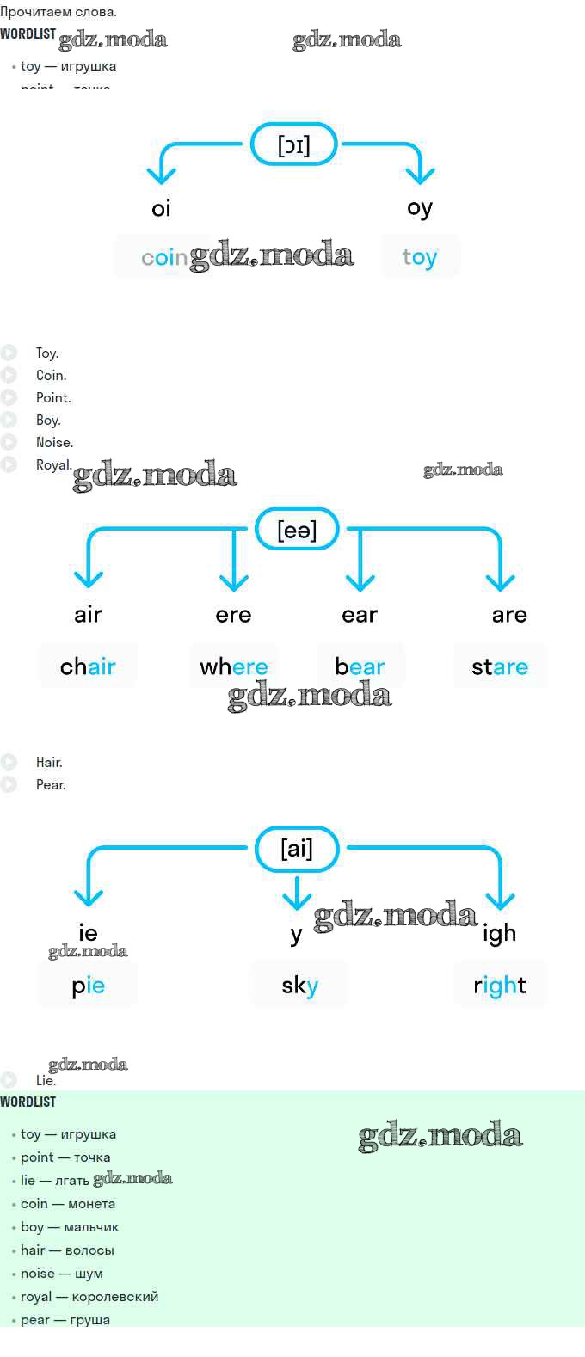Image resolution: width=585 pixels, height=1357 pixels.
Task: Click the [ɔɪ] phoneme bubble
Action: point(293,144)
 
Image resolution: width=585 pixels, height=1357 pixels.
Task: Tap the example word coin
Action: point(163,257)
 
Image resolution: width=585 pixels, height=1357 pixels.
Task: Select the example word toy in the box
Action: point(420,257)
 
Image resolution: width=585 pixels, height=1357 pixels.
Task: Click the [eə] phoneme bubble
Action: point(297,530)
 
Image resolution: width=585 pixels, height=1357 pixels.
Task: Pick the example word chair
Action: point(88,666)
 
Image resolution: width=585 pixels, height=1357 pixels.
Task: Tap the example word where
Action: point(234,666)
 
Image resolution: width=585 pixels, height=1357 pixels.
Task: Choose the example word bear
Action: point(360,666)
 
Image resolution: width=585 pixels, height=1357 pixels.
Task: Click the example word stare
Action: point(500,666)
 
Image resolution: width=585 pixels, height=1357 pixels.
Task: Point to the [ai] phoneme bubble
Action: point(297,849)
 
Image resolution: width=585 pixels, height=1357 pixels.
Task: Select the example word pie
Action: point(88,986)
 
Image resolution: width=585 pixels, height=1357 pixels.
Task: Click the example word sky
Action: point(299,986)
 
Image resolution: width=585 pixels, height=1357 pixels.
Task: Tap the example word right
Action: point(500,986)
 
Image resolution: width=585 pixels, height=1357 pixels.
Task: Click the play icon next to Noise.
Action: point(9,442)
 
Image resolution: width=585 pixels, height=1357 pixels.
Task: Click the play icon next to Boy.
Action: point(9,420)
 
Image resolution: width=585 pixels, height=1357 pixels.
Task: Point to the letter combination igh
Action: point(499,933)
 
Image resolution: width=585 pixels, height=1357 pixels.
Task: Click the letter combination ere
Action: point(233,615)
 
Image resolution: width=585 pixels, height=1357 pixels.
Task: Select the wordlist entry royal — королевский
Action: point(89,1297)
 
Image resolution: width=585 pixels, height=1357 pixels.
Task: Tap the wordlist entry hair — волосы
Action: point(67,1250)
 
